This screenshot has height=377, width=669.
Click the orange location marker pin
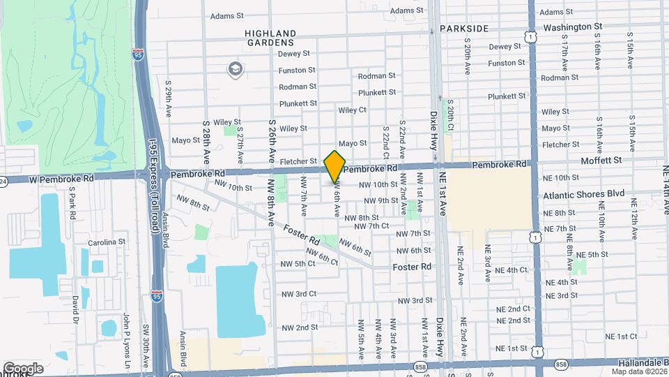pyautogui.click(x=335, y=166)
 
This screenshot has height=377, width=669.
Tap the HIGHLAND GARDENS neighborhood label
pyautogui.click(x=270, y=38)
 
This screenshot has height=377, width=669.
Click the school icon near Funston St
pyautogui.click(x=235, y=68)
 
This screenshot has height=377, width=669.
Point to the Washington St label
pyautogui.click(x=572, y=27)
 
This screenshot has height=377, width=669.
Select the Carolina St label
pyautogui.click(x=106, y=242)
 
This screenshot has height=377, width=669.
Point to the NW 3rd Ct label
pyautogui.click(x=300, y=294)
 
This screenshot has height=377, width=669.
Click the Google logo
pyautogui.click(x=22, y=368)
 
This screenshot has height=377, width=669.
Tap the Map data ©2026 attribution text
pyautogui.click(x=637, y=372)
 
